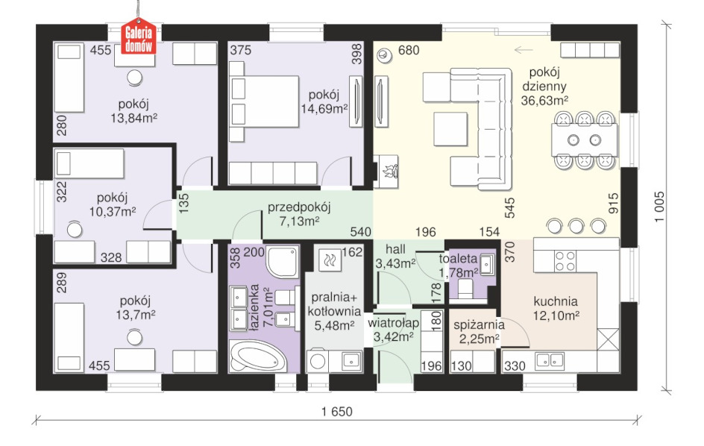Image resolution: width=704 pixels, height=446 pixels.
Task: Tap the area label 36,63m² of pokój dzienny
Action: coord(544,100)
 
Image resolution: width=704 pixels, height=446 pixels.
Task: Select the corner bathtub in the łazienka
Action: coord(258,356)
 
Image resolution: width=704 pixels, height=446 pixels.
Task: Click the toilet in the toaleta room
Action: coord(465,289)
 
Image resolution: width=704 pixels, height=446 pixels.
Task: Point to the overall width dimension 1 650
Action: coord(337,411)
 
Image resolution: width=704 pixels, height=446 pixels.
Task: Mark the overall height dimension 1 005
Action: coord(659,207)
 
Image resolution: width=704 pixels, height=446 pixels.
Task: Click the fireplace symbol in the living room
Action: coord(386,171)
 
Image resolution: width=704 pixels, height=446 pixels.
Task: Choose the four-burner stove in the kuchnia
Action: coord(565,261)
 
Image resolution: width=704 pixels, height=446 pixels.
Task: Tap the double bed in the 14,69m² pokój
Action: coord(264,102)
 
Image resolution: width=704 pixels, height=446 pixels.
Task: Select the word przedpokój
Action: coord(299,207)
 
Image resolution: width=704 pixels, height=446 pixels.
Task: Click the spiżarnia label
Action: coord(479,324)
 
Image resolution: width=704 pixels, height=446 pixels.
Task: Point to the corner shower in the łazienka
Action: coord(282,262)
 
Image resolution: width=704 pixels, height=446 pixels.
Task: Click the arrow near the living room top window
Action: coord(524,50)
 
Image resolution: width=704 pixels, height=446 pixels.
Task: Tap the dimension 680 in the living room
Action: coord(409,50)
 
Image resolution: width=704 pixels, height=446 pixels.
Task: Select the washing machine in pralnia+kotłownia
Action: coord(318,361)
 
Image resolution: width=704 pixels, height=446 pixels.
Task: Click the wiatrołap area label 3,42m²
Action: coord(393,337)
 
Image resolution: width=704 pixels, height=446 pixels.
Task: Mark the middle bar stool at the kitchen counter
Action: coord(576,226)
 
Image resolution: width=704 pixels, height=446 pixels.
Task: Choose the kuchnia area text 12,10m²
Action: coord(556,315)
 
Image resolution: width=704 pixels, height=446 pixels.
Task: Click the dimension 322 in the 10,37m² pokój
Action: coord(61,192)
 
